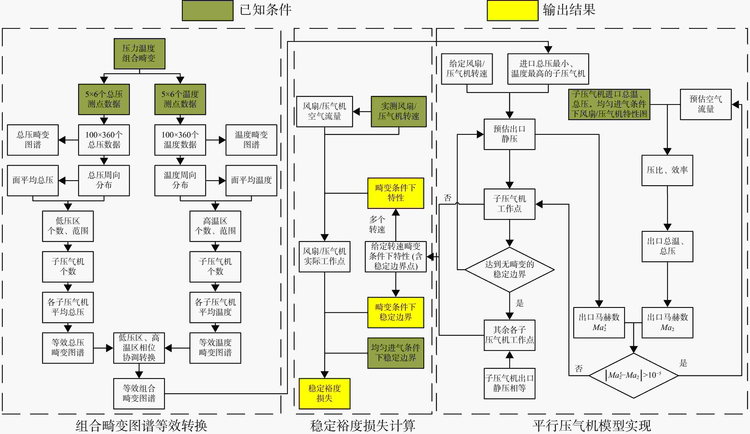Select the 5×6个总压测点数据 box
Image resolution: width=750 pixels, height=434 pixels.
[104, 99]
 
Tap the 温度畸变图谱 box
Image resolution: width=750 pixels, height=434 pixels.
[251, 140]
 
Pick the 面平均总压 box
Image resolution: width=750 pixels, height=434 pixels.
[33, 180]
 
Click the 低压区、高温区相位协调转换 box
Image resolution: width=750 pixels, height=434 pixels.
[139, 348]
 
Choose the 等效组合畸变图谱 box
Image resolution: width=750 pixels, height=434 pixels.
[139, 394]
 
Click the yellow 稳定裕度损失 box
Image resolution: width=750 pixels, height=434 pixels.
[324, 394]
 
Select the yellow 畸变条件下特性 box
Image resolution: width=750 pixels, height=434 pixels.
[396, 193]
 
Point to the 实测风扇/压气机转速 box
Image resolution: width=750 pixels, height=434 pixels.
[398, 111]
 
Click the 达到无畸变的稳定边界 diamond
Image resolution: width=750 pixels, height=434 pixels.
[510, 270]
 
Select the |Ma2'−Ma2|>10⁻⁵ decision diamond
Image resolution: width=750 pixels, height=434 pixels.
[634, 375]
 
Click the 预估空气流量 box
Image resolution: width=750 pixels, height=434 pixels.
[706, 104]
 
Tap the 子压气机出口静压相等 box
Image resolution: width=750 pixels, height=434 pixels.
[510, 383]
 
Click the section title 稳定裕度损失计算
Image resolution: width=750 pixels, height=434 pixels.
[362, 426]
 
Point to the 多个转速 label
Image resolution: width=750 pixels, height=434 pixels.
[377, 224]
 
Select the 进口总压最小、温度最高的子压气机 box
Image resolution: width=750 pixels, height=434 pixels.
[548, 69]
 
